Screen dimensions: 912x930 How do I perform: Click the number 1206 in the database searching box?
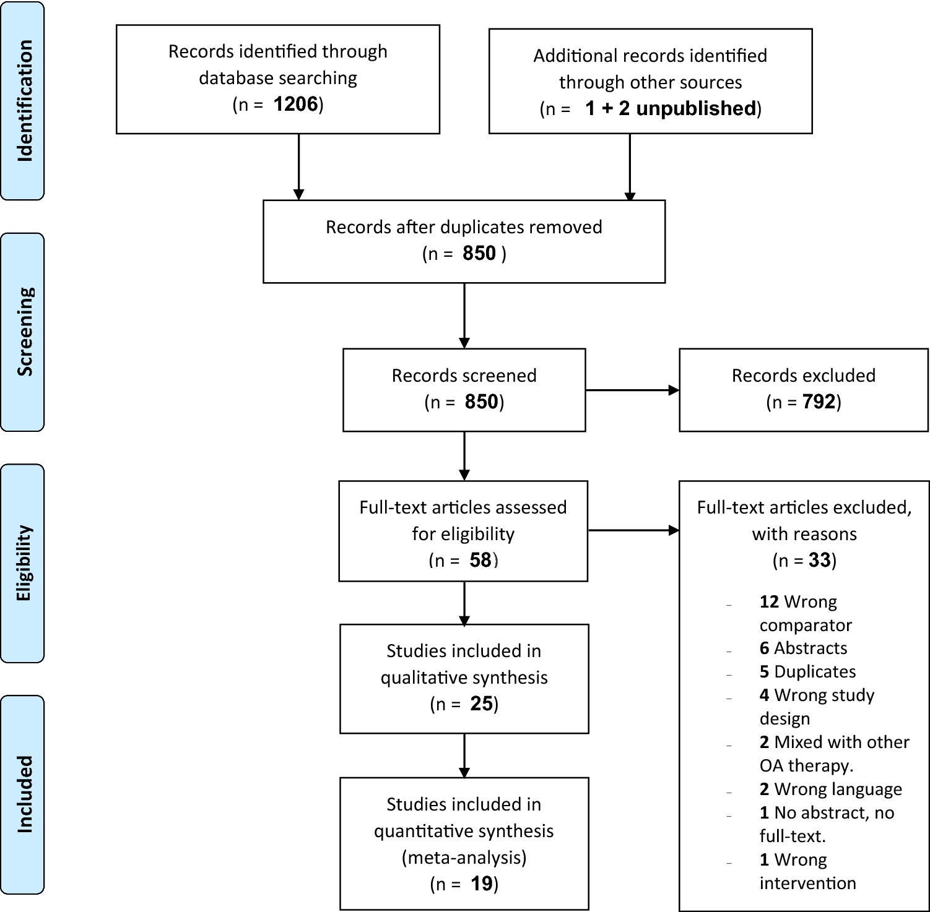point(295,104)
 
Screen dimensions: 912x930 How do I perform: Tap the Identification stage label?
point(23,101)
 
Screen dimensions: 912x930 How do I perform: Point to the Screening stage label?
point(23,332)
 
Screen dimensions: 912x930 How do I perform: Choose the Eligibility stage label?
point(23,563)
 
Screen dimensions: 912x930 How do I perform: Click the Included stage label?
point(23,794)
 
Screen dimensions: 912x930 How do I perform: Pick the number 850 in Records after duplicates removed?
point(479,253)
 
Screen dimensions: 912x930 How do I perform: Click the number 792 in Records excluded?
point(819,402)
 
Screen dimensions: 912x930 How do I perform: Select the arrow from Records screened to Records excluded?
point(632,390)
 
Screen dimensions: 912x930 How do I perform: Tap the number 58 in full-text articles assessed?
point(480,560)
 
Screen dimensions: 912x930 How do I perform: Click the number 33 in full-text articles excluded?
point(819,560)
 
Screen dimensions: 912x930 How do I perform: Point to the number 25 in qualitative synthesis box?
point(481,703)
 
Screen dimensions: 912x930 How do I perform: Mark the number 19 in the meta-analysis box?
point(481,884)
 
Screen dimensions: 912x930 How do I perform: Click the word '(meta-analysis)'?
point(464,857)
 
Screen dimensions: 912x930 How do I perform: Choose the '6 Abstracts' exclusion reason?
point(803,648)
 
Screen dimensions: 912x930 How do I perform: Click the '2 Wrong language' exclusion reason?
point(830,789)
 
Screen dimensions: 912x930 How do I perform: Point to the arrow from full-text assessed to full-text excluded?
point(633,530)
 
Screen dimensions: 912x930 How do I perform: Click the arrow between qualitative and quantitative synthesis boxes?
point(464,755)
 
